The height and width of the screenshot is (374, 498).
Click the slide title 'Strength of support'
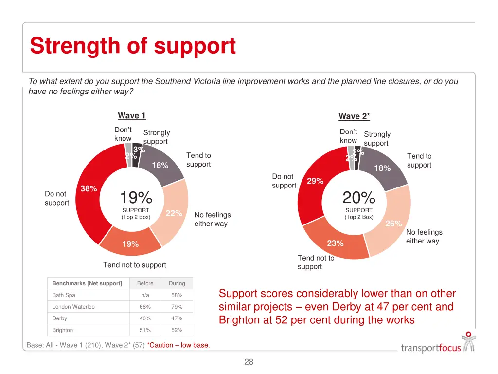coord(133,46)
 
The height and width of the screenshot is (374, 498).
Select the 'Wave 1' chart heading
coord(132,116)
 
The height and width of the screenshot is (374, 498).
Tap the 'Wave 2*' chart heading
coord(354,116)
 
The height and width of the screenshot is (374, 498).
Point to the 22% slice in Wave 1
coord(174,214)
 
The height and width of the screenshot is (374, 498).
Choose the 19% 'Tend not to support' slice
coord(130,244)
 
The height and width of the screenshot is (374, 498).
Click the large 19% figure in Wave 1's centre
coord(136,198)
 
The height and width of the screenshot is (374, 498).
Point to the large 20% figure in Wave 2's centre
coord(359,198)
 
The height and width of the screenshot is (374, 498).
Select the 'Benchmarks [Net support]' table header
coord(87,283)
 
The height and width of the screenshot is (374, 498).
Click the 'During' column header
coord(177,283)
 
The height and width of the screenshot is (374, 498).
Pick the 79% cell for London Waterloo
coord(177,307)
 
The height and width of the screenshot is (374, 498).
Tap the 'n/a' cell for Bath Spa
coord(145,295)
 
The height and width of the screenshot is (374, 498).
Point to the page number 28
coord(249,362)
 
